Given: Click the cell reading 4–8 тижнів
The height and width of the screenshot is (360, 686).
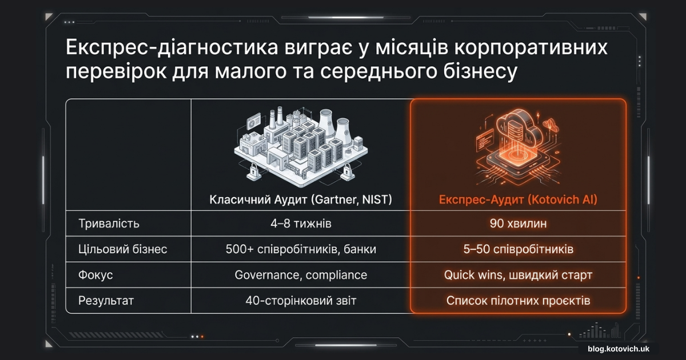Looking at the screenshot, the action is (x=301, y=223).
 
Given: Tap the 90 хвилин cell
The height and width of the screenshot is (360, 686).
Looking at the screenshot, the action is (x=518, y=223).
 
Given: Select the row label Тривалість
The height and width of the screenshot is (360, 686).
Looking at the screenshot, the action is (x=109, y=223).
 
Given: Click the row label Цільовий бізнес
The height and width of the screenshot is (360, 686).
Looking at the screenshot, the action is (x=122, y=249).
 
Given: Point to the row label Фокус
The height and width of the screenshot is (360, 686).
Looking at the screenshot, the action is (x=95, y=275).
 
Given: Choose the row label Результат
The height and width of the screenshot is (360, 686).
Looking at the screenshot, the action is (x=106, y=301).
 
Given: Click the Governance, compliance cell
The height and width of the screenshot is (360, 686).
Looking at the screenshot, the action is (x=301, y=275).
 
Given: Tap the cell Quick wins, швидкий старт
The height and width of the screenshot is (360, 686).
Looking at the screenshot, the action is (x=518, y=275).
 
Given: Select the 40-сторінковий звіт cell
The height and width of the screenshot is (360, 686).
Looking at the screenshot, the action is (x=301, y=301).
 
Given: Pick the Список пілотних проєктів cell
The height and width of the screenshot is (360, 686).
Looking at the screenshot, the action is (x=518, y=301).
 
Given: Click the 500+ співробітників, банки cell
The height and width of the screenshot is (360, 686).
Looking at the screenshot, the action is (x=301, y=249).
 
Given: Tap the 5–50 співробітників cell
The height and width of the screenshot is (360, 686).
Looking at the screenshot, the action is (x=518, y=249).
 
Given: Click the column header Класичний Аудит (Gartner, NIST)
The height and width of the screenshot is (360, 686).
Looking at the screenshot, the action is (x=301, y=199).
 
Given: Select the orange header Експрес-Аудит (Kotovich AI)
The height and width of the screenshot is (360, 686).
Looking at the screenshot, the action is (x=518, y=199).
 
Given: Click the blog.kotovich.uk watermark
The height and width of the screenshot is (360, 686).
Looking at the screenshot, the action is (x=619, y=349).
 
